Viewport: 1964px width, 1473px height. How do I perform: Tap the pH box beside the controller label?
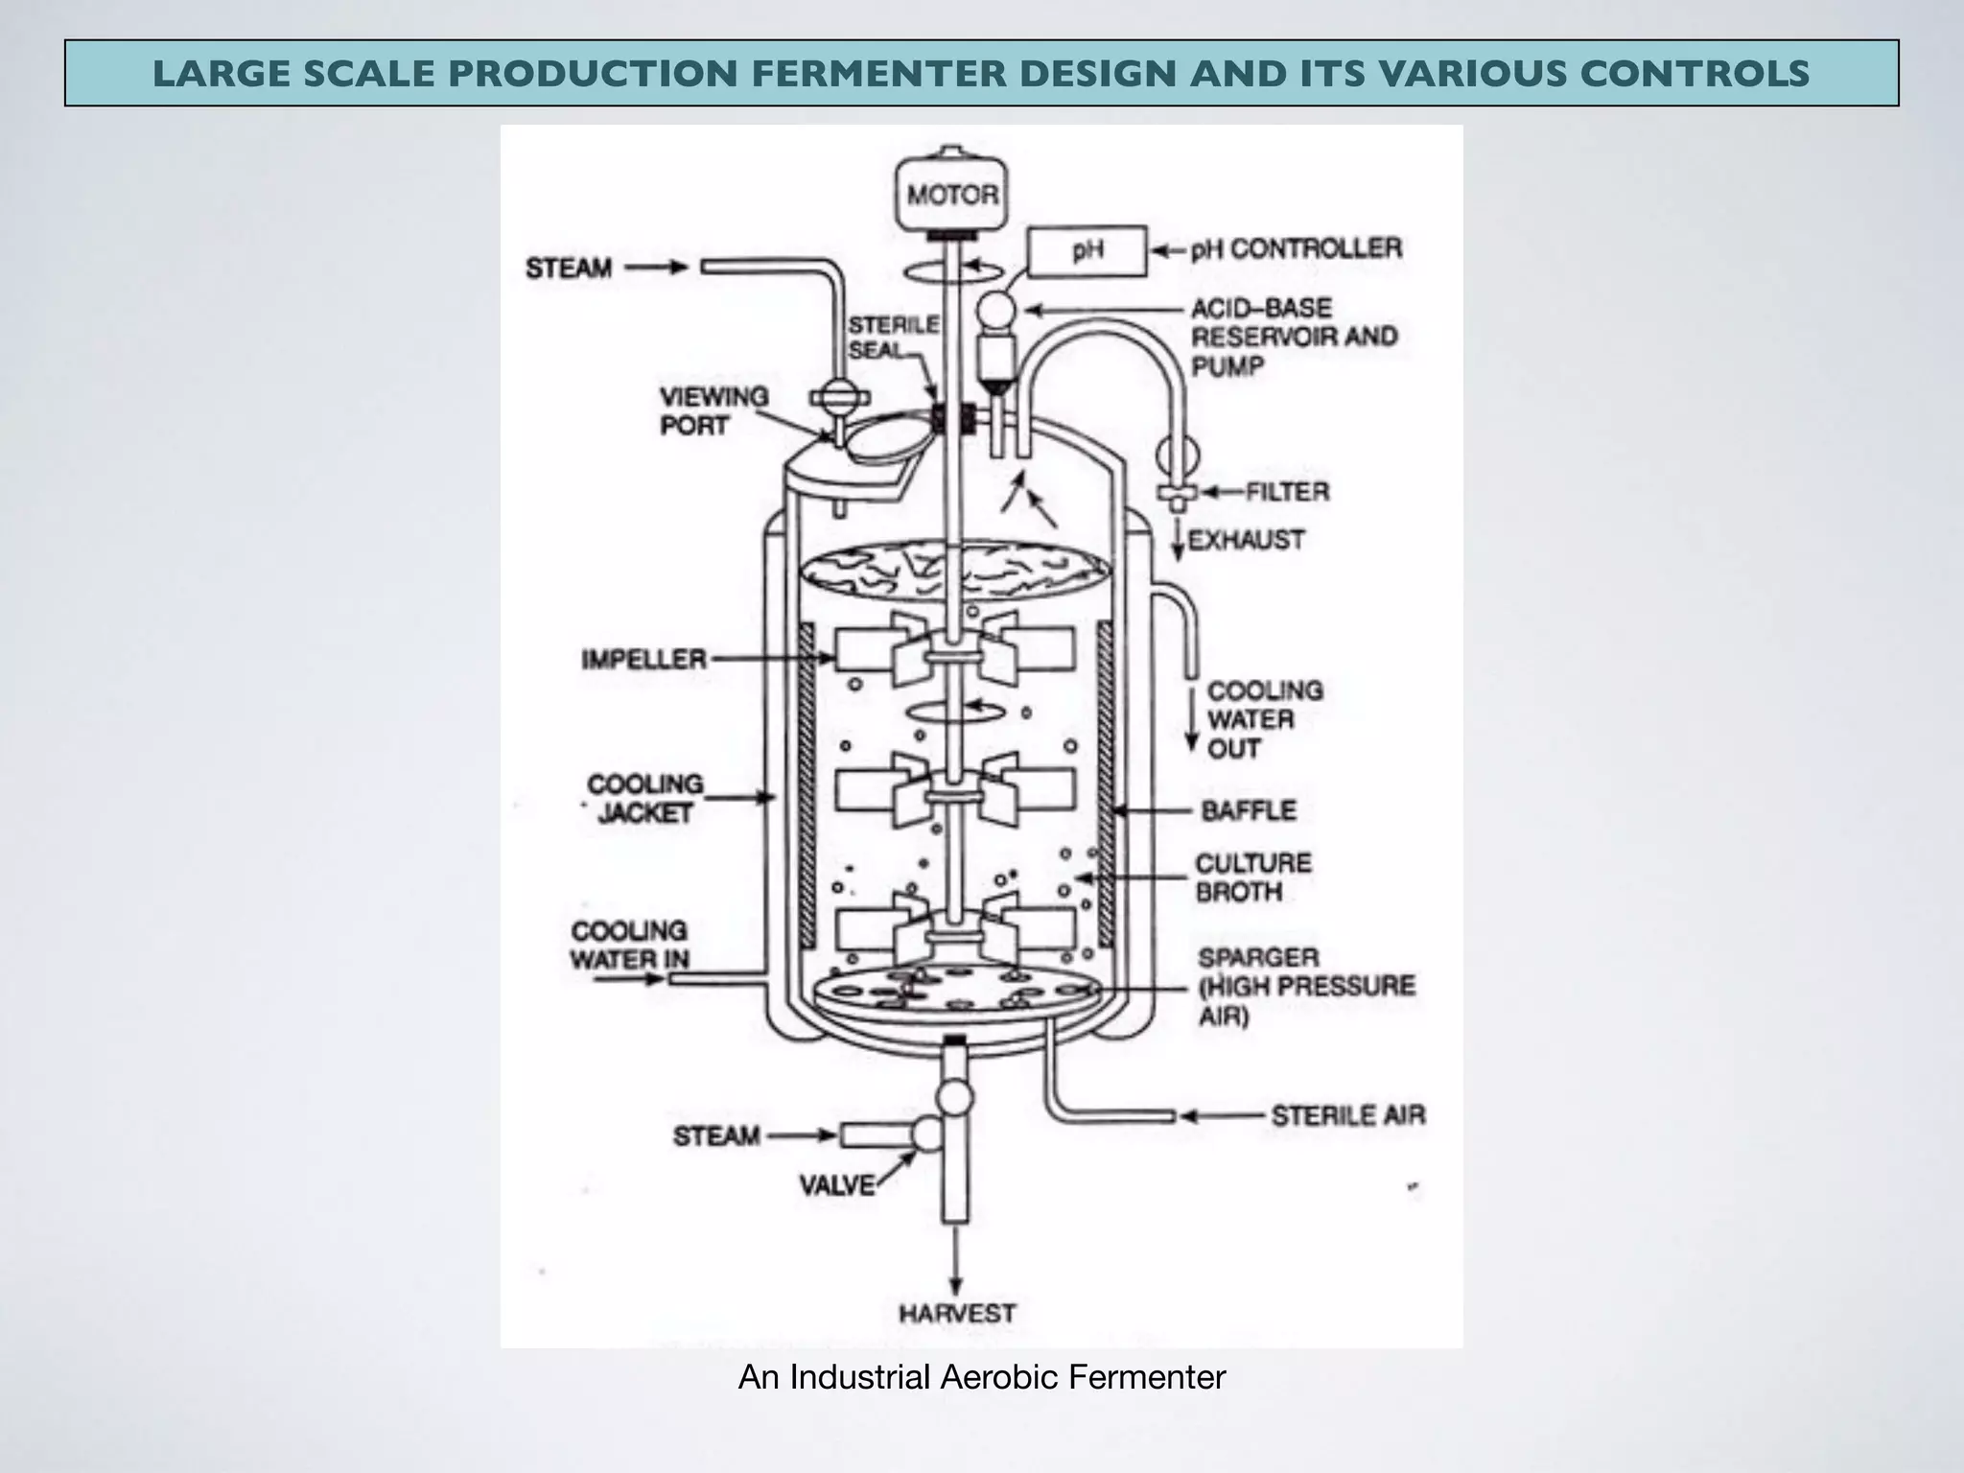(1087, 251)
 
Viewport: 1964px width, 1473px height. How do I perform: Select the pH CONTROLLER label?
(1296, 249)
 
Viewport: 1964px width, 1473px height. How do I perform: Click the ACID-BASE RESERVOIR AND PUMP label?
(1293, 337)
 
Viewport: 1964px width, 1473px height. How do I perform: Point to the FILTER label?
(1287, 492)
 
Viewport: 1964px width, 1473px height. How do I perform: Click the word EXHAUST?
(1246, 540)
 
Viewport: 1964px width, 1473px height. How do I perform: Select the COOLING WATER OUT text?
(1263, 719)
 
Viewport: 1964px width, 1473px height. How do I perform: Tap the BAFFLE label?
(1249, 810)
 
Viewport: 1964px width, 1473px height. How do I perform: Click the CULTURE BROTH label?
(1251, 877)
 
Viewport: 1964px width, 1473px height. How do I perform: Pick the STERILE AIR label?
(1347, 1115)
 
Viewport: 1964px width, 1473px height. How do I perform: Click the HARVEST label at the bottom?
(956, 1313)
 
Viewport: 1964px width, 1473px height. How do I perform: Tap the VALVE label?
(837, 1186)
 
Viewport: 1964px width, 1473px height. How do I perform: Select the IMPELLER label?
(643, 660)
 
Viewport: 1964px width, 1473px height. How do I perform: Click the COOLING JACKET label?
(644, 799)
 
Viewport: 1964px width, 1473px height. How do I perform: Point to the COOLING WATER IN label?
(629, 945)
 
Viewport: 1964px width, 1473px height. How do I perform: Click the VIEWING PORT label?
(713, 410)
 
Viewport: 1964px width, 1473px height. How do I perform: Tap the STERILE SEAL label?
(892, 338)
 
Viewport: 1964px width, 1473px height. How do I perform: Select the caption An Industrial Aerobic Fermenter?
(981, 1378)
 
